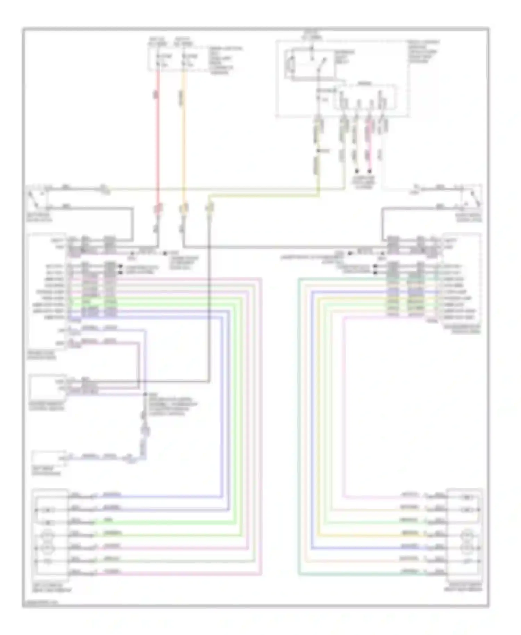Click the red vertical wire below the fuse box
click(x=158, y=139)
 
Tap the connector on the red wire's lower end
click(x=158, y=209)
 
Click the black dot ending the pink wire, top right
click(x=370, y=171)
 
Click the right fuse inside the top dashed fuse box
click(x=184, y=60)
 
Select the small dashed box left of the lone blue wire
click(x=49, y=459)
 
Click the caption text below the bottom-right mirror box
click(x=465, y=587)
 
